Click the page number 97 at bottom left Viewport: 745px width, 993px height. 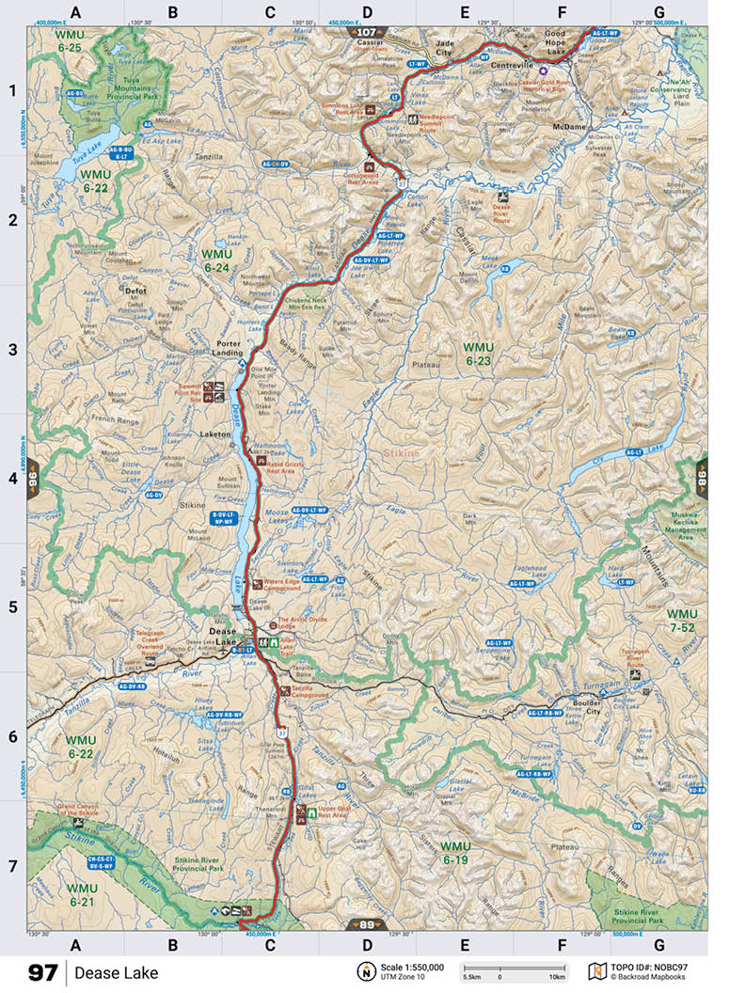(x=42, y=972)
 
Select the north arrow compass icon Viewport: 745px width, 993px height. (x=363, y=971)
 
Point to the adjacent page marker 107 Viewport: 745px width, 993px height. (x=366, y=31)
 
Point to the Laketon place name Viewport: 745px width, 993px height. (x=215, y=434)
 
